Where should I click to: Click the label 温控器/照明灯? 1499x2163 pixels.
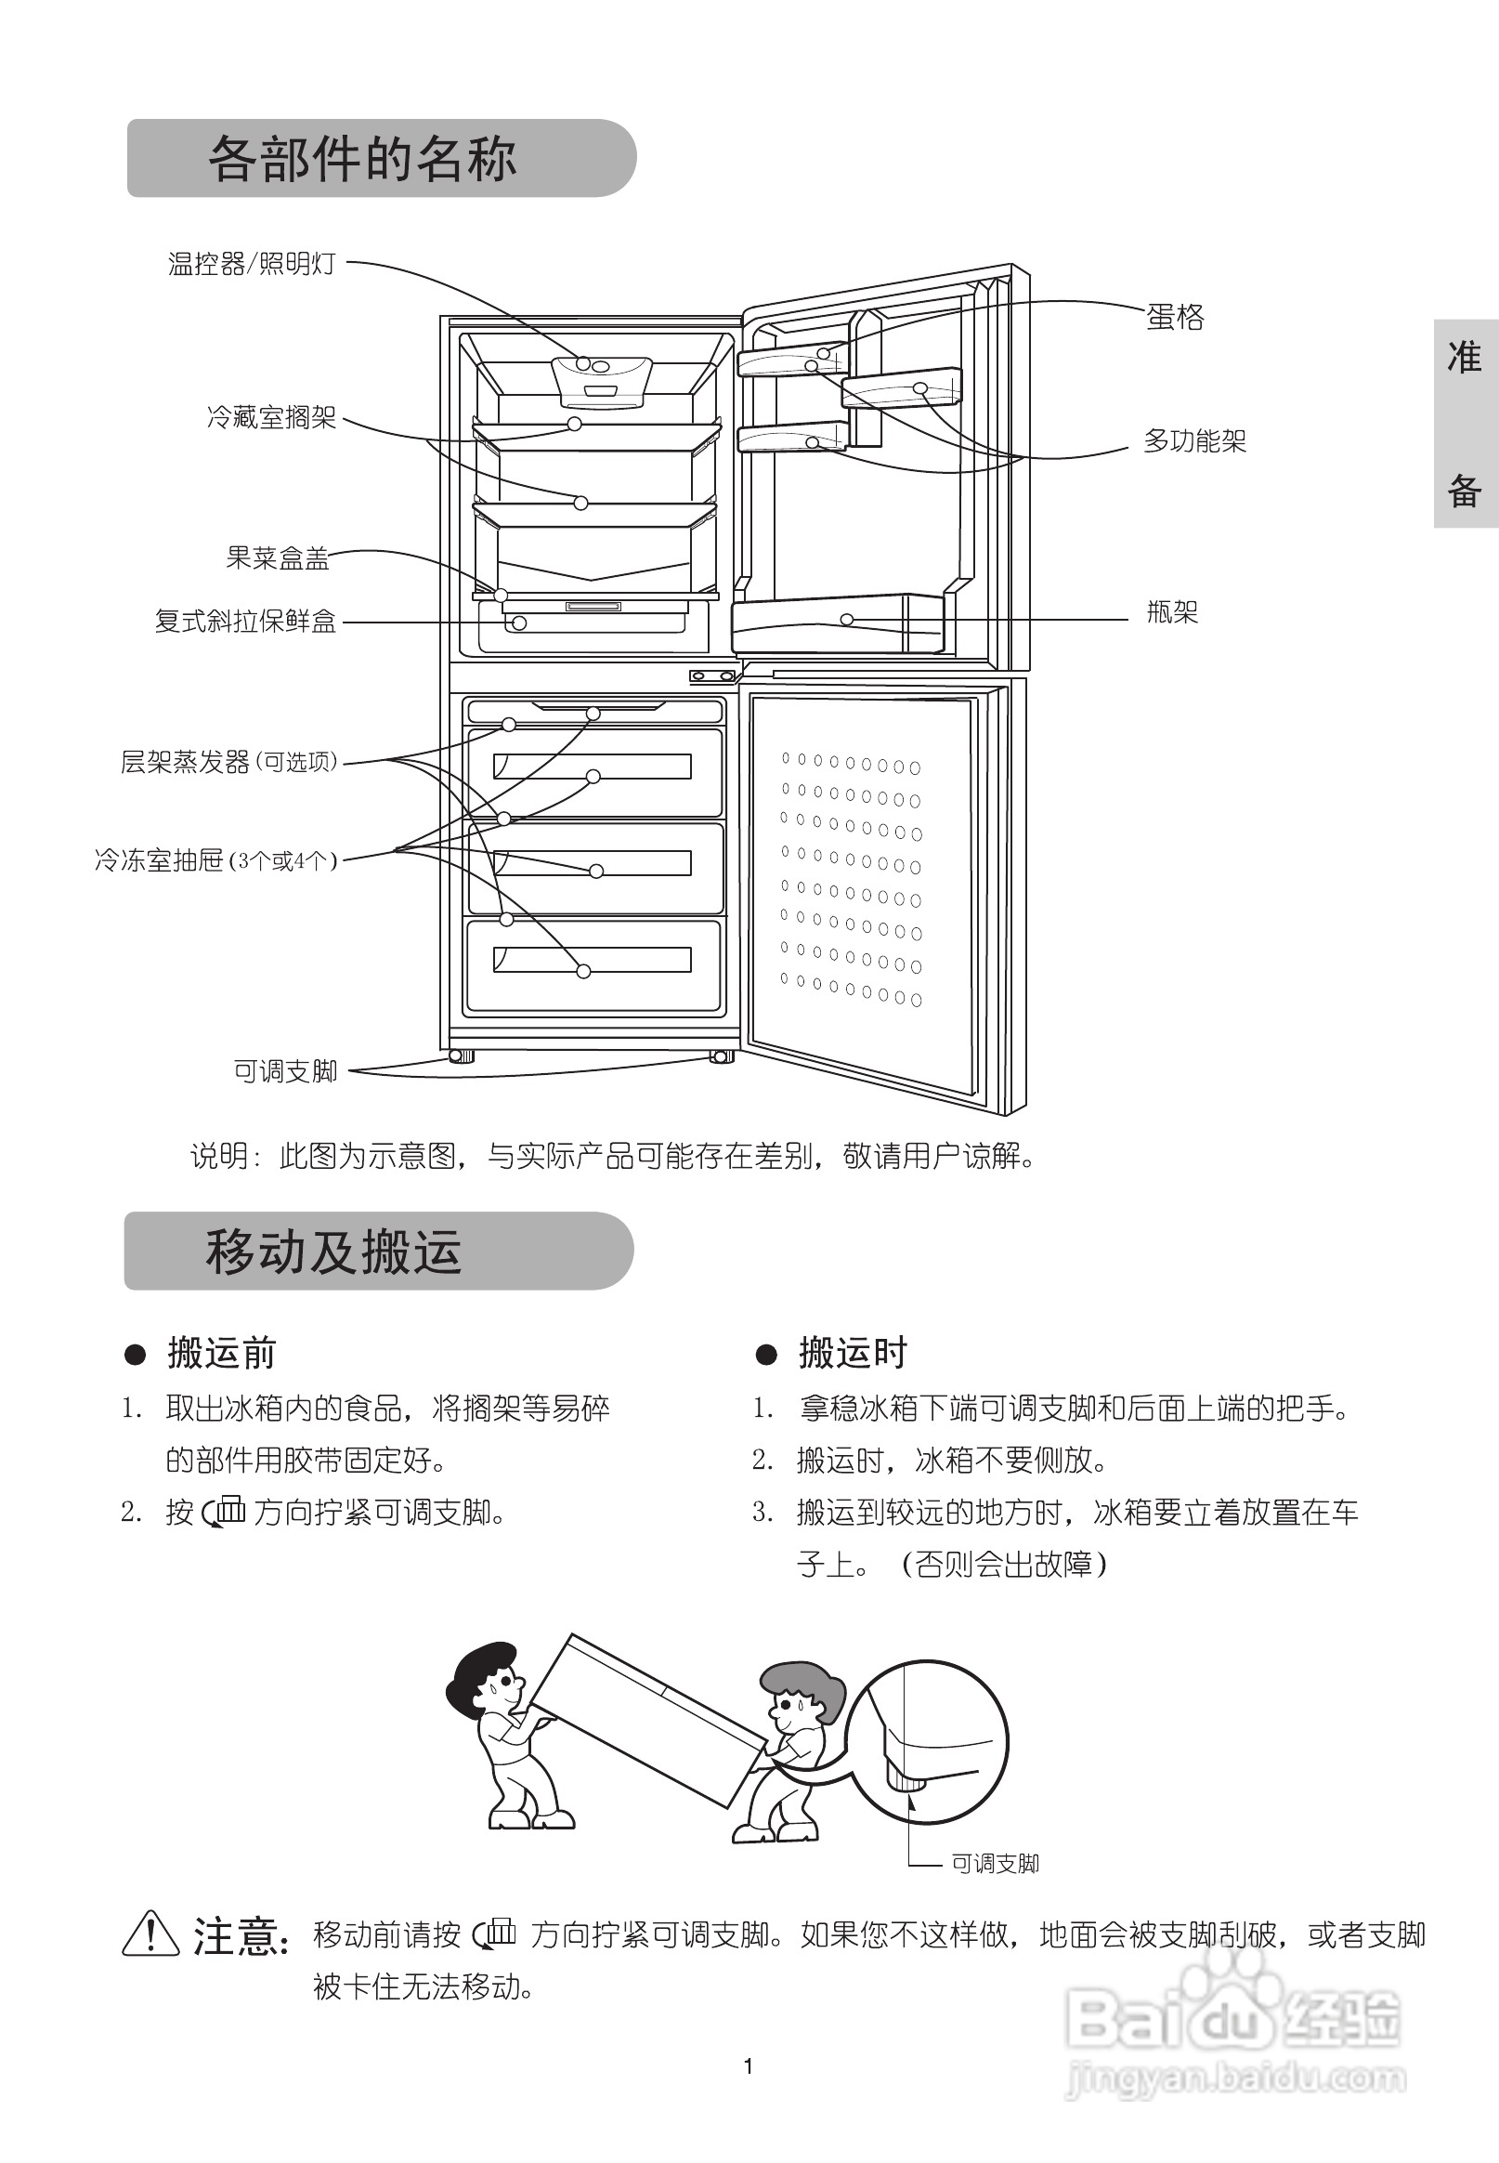[x=251, y=264]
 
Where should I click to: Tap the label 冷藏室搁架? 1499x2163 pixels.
[x=271, y=417]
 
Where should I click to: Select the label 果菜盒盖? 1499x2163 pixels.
[x=277, y=558]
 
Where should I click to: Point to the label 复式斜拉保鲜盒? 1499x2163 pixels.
[x=245, y=621]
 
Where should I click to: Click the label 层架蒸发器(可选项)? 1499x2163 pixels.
[x=228, y=761]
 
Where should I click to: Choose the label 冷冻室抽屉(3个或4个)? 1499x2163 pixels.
[x=215, y=859]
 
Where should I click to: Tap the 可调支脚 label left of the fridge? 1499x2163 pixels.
[x=284, y=1071]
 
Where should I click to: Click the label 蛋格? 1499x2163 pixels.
[x=1174, y=317]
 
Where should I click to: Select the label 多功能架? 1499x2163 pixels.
[x=1193, y=440]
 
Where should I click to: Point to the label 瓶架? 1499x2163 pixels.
[x=1172, y=612]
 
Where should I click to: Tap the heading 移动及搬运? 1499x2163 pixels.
[x=333, y=1252]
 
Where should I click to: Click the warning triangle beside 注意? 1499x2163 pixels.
[x=150, y=1934]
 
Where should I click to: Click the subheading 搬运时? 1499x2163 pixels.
[x=852, y=1353]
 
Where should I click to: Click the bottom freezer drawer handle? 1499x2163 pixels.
[x=593, y=960]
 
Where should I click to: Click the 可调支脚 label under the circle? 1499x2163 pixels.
[x=995, y=1864]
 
